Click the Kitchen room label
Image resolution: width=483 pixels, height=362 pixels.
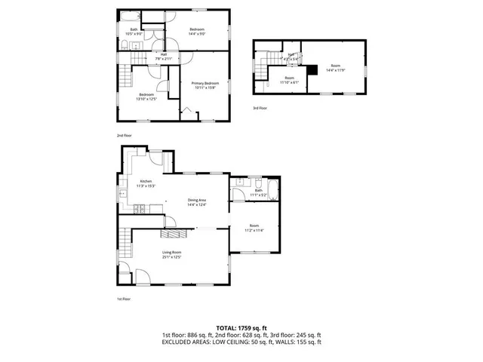point(146,183)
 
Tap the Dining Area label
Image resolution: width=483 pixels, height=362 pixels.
point(197,201)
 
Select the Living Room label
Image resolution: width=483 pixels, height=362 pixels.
point(171,254)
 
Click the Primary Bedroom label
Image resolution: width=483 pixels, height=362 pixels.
point(205,84)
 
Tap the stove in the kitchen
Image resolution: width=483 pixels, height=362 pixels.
point(155,158)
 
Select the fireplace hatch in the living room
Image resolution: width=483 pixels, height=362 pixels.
point(178,233)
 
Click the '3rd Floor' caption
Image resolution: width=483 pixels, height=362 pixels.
point(260,109)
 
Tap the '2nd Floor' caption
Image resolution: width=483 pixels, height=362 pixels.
point(123,135)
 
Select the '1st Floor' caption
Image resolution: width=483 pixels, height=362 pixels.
point(123,299)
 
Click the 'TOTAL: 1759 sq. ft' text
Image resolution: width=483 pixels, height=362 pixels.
point(241,327)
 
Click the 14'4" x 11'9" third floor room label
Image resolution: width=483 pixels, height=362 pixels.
point(335,69)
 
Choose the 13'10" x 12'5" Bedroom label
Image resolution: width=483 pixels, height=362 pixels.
point(146,96)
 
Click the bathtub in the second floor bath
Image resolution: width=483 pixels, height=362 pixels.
point(131,15)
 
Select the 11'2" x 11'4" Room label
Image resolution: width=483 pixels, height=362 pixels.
point(254,228)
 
